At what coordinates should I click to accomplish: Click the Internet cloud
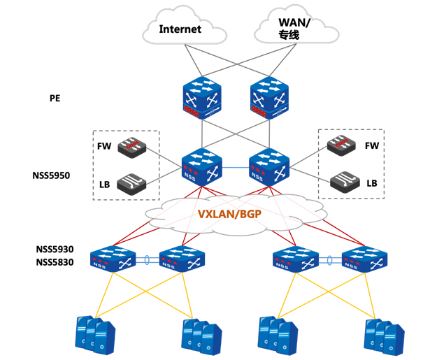[x=180, y=28]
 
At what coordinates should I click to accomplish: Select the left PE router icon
[x=202, y=98]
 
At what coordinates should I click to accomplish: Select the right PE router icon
[x=270, y=98]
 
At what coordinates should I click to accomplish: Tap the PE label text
[x=55, y=99]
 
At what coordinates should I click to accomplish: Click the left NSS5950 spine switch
[x=202, y=168]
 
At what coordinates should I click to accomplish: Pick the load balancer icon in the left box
[x=131, y=183]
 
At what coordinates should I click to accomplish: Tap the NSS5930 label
[x=55, y=250]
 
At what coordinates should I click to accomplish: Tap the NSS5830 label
[x=55, y=262]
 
